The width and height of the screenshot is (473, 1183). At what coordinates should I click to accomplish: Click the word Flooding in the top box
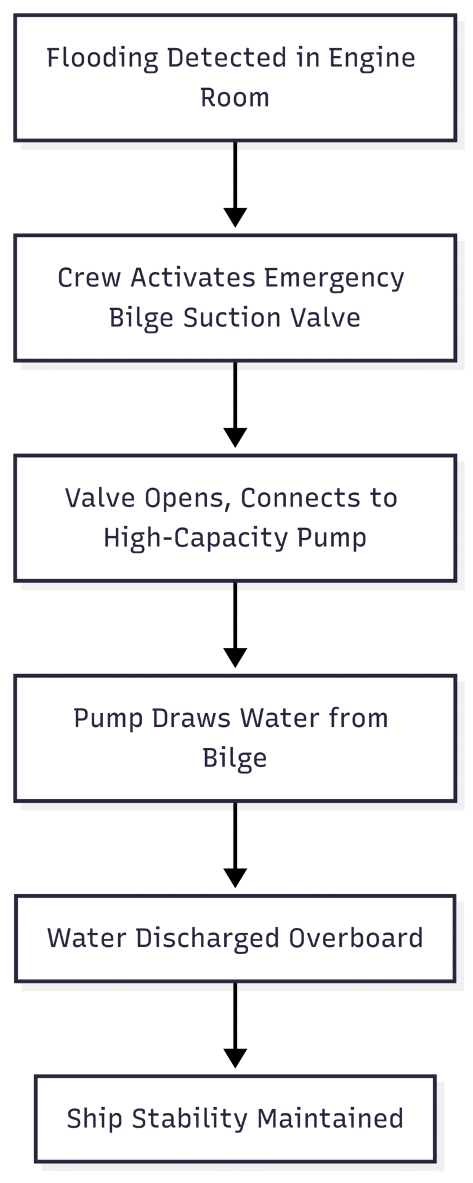pos(102,59)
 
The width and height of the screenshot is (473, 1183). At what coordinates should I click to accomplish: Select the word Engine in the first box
pos(371,59)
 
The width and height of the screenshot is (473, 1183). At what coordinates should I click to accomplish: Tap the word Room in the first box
pos(235,98)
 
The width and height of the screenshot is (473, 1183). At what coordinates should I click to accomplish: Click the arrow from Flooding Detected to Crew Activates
pos(235,185)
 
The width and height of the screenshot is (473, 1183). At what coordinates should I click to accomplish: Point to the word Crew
pos(89,278)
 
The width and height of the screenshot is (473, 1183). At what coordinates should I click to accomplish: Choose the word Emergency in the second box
pos(334,278)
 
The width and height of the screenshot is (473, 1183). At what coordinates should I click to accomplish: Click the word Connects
pos(301,498)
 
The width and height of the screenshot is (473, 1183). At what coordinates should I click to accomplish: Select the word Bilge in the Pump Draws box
pos(235,758)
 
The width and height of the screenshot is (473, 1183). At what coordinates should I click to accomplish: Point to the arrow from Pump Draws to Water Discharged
pos(235,845)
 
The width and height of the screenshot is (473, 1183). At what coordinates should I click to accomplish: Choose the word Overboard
pos(355,938)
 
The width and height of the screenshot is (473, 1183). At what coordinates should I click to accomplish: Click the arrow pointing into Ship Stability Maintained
pos(235,1025)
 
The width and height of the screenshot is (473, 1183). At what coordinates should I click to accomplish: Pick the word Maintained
pos(329,1118)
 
